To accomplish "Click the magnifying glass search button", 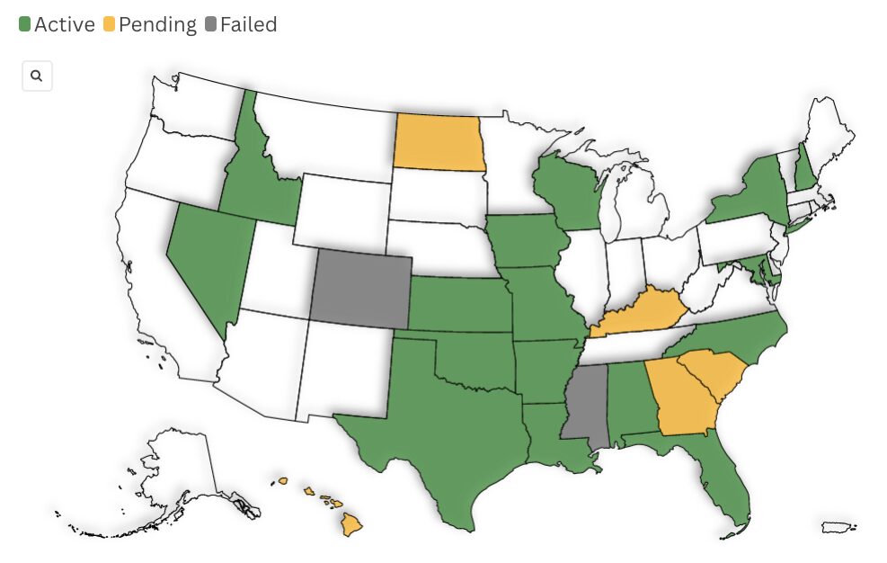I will point(37,76).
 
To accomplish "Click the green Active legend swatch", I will point(24,24).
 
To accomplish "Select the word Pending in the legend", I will point(157,24).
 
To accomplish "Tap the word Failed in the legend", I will point(248,24).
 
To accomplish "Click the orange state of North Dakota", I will point(438,142).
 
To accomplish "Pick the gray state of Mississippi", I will point(584,403).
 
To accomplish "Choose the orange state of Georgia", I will point(685,396).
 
